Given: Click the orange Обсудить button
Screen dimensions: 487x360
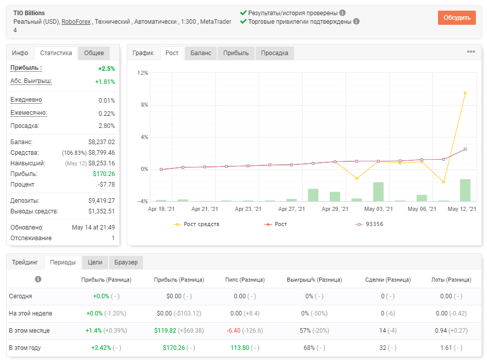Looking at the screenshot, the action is [x=457, y=17].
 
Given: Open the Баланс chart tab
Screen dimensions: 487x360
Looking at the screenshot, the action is [x=201, y=53].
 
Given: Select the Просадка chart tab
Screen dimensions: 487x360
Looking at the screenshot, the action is [x=274, y=53].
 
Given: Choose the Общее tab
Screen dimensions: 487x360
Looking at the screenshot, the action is [x=94, y=53].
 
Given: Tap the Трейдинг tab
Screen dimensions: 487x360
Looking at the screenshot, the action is [x=25, y=262].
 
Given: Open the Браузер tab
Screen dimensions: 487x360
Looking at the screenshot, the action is [x=126, y=262].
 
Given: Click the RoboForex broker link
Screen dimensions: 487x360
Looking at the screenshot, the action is [x=76, y=21].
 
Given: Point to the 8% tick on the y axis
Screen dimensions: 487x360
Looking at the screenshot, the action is [x=144, y=105].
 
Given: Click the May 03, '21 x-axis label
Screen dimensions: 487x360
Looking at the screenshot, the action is [x=378, y=209].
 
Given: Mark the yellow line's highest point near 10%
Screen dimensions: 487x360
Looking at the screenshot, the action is [x=465, y=93].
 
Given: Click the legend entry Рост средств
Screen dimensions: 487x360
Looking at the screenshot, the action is [x=197, y=224].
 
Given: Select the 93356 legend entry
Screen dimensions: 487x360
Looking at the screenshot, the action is [x=369, y=224].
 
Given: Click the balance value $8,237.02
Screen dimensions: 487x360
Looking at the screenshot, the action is [x=102, y=142].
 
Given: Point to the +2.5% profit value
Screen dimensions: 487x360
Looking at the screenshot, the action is [x=107, y=69].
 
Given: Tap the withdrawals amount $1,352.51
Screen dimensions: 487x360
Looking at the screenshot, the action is [x=102, y=211].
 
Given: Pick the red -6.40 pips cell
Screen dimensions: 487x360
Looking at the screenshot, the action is [x=233, y=331].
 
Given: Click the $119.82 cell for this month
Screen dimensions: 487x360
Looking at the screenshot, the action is [x=165, y=331].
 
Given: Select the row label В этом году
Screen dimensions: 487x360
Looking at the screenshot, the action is [x=25, y=347].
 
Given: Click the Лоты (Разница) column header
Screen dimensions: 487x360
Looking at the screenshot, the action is [x=451, y=280].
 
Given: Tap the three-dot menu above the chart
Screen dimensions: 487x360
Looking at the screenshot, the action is [x=471, y=52].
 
